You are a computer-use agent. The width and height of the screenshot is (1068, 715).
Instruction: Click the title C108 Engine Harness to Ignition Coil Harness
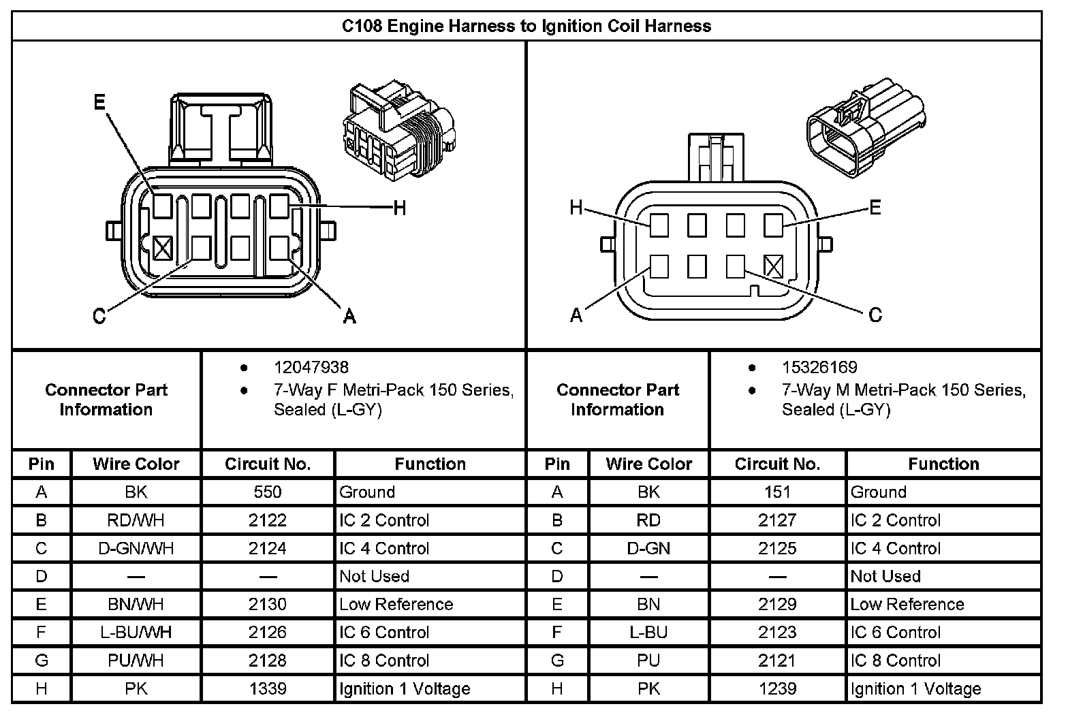click(526, 26)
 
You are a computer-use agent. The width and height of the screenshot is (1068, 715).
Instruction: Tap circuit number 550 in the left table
click(268, 492)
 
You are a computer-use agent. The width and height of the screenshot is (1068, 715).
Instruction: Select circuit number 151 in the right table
click(777, 492)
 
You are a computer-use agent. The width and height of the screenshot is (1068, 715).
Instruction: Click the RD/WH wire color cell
click(136, 520)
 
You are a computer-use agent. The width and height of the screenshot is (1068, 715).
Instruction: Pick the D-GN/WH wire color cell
click(136, 548)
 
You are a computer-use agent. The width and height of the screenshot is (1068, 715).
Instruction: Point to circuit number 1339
click(268, 688)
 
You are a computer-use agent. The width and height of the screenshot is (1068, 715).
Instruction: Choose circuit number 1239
click(777, 688)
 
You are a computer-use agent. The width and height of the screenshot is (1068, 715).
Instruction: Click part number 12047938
click(311, 368)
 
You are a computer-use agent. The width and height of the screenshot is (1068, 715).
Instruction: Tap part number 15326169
click(819, 368)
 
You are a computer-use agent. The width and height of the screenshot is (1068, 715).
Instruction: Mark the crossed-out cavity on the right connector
click(773, 266)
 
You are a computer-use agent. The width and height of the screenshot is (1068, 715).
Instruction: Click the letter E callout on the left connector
click(99, 102)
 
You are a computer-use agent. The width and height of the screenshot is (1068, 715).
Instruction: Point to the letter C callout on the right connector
click(875, 315)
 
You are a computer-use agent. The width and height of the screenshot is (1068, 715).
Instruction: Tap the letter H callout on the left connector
click(400, 208)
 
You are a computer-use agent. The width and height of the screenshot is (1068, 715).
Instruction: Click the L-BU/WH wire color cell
click(136, 632)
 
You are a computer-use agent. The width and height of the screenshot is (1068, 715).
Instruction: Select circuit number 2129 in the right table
click(777, 604)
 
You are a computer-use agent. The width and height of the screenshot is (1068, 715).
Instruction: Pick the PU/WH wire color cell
click(136, 661)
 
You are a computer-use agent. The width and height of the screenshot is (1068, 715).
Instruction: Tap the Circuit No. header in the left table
click(268, 464)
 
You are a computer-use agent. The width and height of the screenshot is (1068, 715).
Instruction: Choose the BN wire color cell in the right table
click(648, 604)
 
